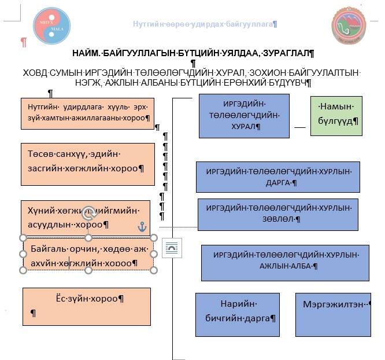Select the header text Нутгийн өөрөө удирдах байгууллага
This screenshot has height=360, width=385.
(x=205, y=24)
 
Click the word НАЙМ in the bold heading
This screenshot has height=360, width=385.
(x=87, y=53)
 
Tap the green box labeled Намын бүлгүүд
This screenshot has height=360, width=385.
(x=336, y=116)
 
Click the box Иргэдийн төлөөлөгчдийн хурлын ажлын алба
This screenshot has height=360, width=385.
(x=286, y=262)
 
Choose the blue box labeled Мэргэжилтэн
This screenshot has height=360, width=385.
(x=332, y=314)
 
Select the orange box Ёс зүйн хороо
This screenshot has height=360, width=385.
(x=86, y=306)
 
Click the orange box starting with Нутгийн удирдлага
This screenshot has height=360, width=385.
(x=87, y=113)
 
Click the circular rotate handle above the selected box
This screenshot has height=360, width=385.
(x=88, y=213)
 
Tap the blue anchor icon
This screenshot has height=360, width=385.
(x=142, y=227)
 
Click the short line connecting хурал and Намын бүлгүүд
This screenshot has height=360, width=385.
(x=299, y=126)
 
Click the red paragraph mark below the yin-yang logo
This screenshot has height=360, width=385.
(x=23, y=42)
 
